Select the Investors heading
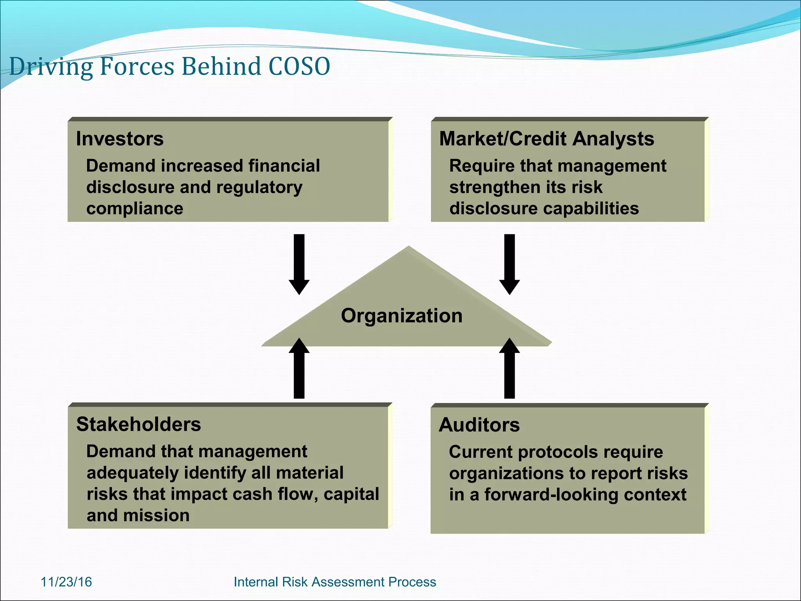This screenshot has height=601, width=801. click(x=120, y=139)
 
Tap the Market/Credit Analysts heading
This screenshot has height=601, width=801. click(x=546, y=139)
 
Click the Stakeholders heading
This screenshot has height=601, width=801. click(x=138, y=425)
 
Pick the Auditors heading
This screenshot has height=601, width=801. click(x=479, y=425)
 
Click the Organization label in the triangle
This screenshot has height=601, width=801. click(x=402, y=315)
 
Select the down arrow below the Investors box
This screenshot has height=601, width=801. click(x=299, y=264)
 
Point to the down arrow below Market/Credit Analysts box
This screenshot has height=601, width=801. click(x=509, y=264)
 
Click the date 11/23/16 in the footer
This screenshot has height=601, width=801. click(x=66, y=582)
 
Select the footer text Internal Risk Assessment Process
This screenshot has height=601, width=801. click(x=334, y=582)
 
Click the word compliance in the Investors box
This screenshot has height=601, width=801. click(x=135, y=209)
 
